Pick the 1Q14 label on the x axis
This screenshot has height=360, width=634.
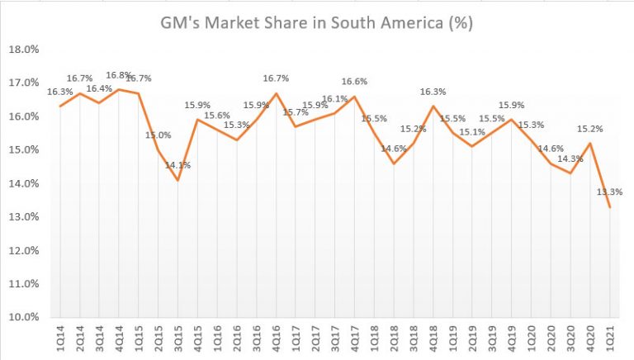[60, 339]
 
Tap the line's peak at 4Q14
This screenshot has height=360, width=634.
[119, 89]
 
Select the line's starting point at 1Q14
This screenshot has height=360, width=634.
[60, 106]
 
